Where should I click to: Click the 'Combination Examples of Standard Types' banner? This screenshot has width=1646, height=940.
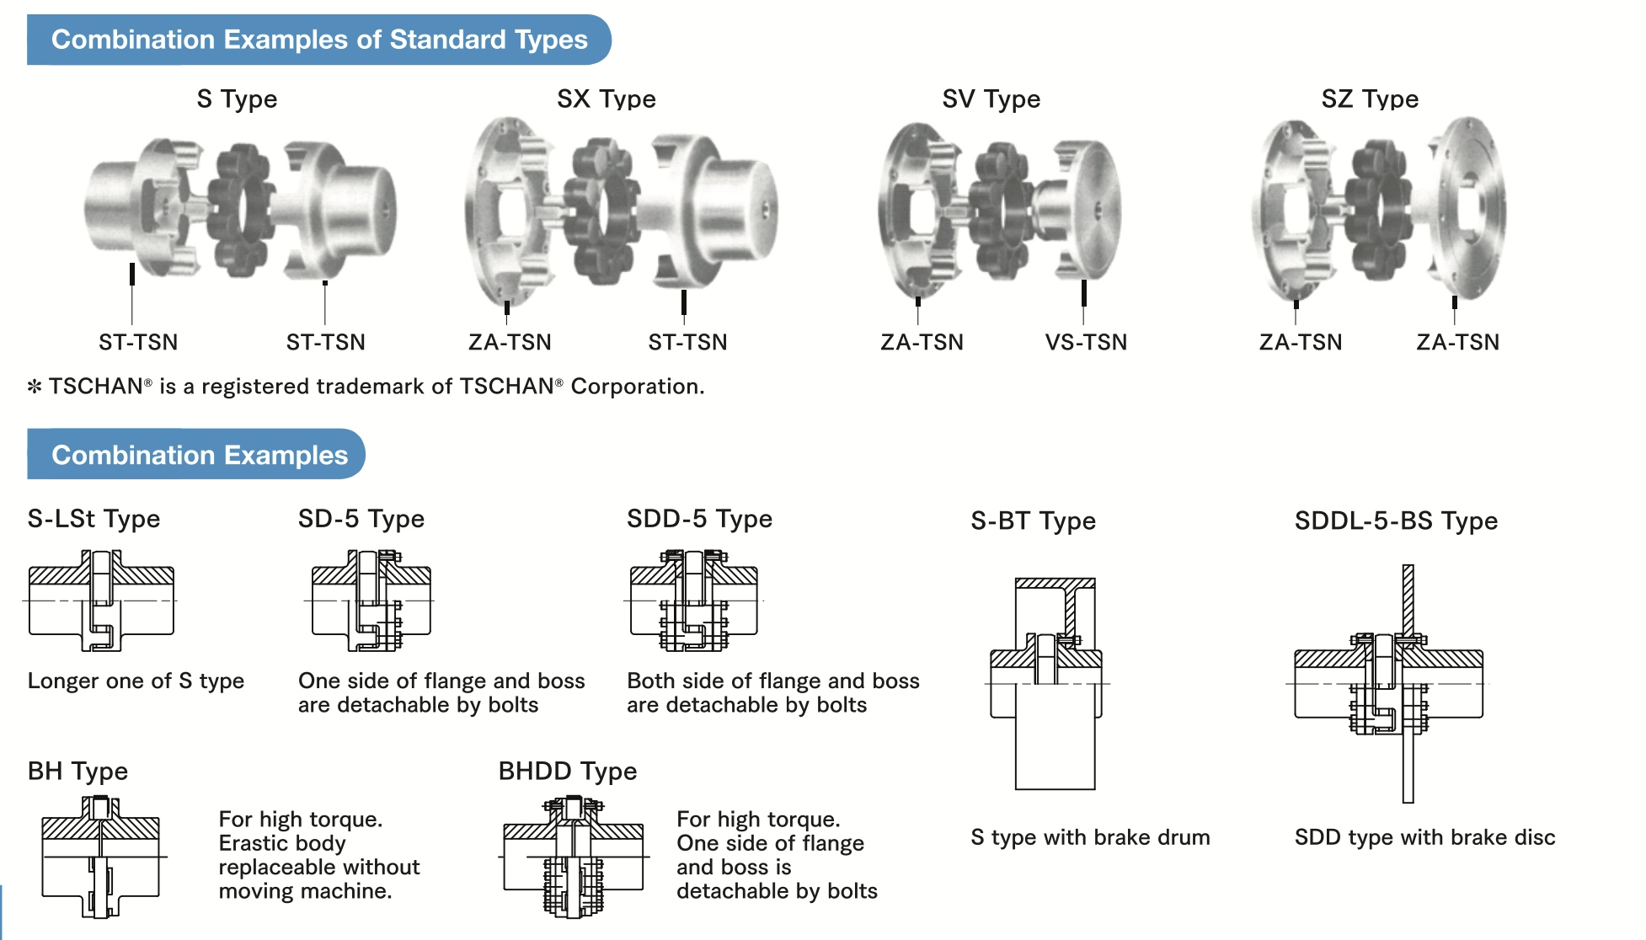[318, 40]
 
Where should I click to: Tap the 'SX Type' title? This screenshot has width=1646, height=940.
[606, 99]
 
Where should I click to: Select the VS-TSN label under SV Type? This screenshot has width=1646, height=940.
[1085, 342]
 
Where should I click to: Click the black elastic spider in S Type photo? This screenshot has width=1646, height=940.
[240, 211]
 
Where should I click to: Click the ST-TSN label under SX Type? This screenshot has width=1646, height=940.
[687, 342]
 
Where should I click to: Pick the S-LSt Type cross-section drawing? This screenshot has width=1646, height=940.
[101, 601]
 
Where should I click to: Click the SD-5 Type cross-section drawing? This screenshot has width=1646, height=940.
[371, 601]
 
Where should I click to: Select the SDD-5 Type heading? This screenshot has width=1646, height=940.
[699, 519]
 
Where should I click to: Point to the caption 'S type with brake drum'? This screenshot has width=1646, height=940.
[1090, 837]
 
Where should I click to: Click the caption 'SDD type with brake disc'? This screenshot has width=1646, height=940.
[1424, 837]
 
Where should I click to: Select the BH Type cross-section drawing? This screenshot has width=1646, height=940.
[101, 857]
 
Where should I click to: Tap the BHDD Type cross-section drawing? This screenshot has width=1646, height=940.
[574, 857]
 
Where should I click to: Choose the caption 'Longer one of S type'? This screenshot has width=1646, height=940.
[136, 681]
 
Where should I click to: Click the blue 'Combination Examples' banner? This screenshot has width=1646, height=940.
[199, 455]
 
